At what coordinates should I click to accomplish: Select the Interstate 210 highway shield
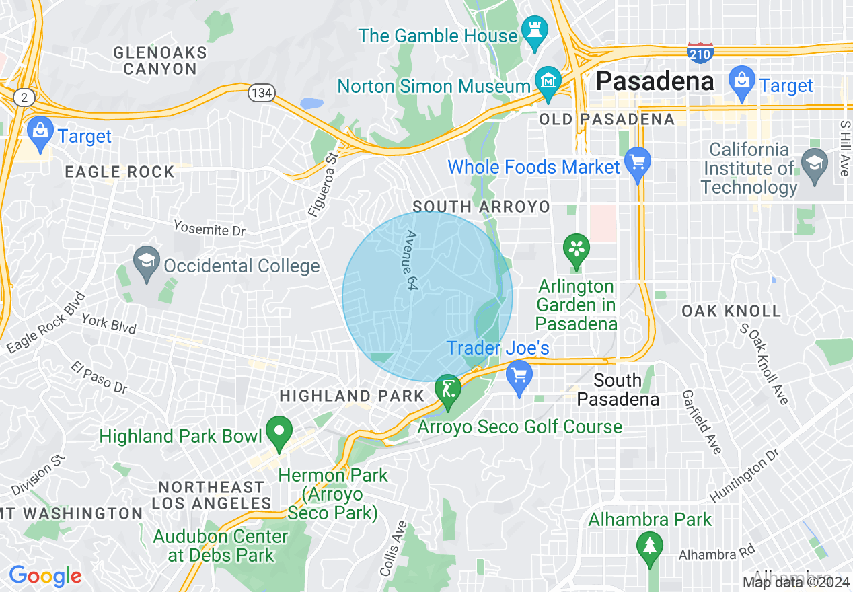(x=700, y=53)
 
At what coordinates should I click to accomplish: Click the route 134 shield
(x=261, y=93)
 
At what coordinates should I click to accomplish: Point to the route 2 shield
(x=24, y=98)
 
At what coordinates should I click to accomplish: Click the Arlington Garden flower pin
(x=576, y=250)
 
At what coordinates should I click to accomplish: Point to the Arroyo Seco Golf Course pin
(x=448, y=391)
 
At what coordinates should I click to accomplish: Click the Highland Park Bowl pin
(x=279, y=432)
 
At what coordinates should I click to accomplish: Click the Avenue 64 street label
(x=410, y=261)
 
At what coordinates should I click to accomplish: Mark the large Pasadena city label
(x=655, y=81)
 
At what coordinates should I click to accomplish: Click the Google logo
(x=45, y=577)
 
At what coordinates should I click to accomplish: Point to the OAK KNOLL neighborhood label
(x=731, y=311)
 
